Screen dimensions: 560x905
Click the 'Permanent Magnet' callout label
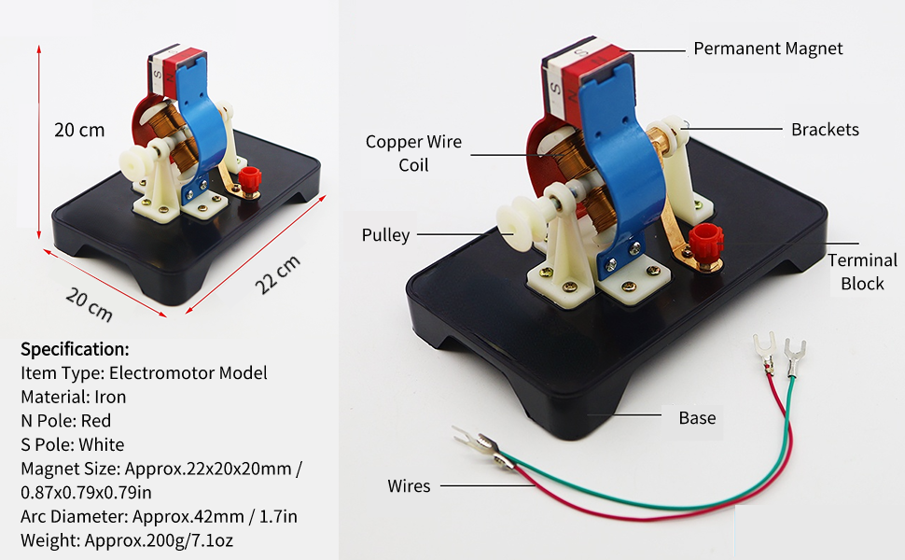[768, 49]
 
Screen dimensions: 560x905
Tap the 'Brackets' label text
[825, 129]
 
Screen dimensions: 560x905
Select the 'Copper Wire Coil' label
[413, 153]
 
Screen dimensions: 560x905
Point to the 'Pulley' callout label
[385, 235]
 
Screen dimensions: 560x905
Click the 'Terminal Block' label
[862, 272]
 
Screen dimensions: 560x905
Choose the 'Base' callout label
[697, 417]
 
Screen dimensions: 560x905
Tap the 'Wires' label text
[409, 485]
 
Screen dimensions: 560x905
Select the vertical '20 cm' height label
[79, 130]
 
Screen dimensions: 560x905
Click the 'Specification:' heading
[75, 349]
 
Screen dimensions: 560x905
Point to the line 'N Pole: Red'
[72, 421]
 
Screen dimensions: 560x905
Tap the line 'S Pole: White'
[72, 445]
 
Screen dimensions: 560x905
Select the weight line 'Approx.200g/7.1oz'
[148, 540]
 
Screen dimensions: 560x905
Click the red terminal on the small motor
[249, 177]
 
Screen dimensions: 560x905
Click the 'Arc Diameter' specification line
[159, 516]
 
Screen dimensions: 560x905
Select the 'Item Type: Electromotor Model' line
[144, 373]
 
